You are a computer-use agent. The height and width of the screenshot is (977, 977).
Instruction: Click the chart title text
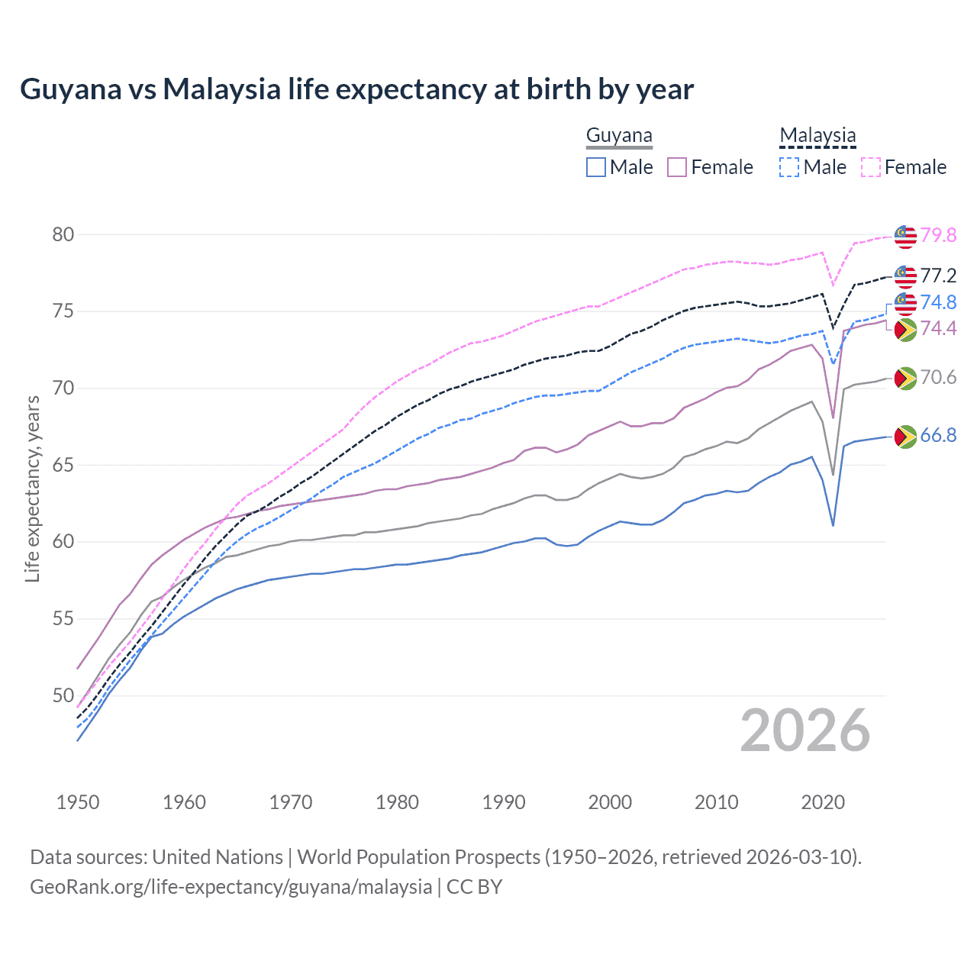356,89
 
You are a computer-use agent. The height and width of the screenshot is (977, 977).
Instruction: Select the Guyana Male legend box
596,167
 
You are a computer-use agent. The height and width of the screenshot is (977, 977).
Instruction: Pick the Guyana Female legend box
677,167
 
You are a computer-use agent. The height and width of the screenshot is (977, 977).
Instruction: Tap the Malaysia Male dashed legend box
789,167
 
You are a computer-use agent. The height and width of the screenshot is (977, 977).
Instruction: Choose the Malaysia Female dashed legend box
871,167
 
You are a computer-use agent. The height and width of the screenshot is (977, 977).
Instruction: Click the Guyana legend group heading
619,136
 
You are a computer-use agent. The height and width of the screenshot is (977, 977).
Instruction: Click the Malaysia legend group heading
817,136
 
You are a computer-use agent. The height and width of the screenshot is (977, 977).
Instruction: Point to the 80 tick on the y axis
63,234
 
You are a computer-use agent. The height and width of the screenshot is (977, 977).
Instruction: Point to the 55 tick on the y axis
63,618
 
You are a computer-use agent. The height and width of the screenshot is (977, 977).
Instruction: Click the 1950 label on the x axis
78,802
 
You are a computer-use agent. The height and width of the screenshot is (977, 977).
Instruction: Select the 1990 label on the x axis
504,802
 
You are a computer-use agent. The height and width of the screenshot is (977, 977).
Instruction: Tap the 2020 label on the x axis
823,802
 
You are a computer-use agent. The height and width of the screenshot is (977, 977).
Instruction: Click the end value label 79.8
938,235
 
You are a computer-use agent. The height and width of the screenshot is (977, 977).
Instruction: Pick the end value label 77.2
938,276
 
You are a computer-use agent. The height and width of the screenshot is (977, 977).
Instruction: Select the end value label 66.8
938,435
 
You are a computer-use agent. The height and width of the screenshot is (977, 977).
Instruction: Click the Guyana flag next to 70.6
905,378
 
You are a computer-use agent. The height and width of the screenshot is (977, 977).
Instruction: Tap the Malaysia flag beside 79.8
905,237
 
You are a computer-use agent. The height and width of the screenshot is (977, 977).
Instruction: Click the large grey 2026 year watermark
805,730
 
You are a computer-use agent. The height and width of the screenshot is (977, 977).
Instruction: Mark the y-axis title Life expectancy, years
33,488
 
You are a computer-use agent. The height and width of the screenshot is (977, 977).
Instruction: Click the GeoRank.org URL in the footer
231,887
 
